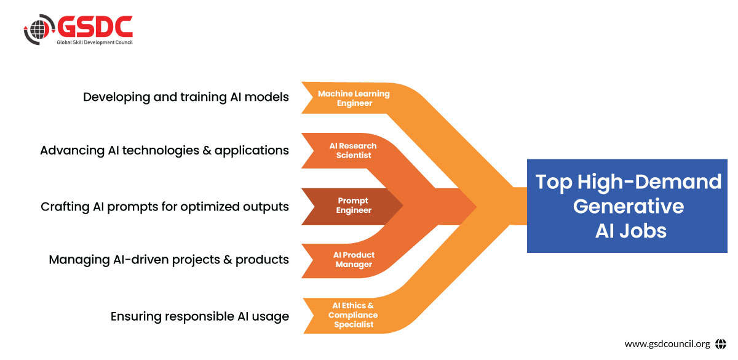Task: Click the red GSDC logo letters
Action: click(95, 26)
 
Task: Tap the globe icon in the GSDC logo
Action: click(39, 30)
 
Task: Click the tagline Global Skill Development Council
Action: click(95, 42)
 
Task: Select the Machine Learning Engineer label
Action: click(354, 98)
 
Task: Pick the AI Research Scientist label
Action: click(353, 150)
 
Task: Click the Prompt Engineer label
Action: click(354, 205)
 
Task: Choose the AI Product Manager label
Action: click(354, 260)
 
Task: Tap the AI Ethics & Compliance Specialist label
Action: click(353, 315)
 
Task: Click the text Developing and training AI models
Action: click(186, 97)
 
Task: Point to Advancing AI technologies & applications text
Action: click(164, 151)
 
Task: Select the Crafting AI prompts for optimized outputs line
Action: click(165, 207)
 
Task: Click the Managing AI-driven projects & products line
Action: click(169, 260)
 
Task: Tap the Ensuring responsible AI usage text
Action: click(200, 316)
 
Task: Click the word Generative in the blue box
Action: click(629, 206)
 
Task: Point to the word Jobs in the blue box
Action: click(643, 230)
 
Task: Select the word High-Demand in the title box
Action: click(649, 182)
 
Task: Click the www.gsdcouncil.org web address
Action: click(667, 344)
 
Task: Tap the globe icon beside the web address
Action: click(721, 344)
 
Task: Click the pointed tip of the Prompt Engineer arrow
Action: click(403, 206)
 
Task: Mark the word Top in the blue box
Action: click(554, 182)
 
